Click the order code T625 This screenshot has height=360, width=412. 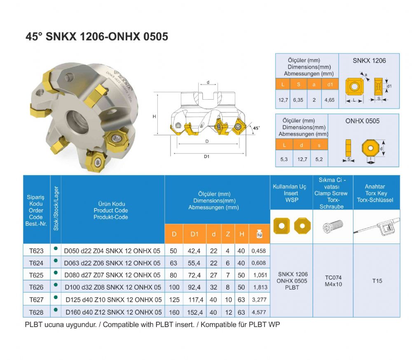(x=36, y=275)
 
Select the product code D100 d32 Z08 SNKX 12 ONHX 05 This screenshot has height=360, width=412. (x=112, y=287)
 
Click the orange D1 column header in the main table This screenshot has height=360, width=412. (x=194, y=234)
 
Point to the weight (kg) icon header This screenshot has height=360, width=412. (x=259, y=234)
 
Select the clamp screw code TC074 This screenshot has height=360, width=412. (x=333, y=277)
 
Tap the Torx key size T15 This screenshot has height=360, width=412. (x=377, y=281)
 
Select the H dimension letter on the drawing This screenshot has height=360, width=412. (x=154, y=117)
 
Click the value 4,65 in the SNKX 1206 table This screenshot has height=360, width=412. (x=329, y=100)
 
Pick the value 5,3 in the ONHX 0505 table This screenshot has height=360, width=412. (x=284, y=159)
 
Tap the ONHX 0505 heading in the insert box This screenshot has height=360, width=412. (x=363, y=121)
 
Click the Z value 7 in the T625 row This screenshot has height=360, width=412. (x=227, y=275)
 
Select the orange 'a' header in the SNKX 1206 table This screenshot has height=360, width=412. (x=314, y=85)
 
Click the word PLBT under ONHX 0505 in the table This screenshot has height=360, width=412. (x=292, y=287)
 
